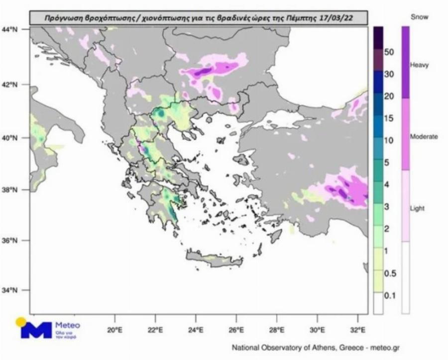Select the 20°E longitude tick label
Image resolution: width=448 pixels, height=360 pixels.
click(x=115, y=329)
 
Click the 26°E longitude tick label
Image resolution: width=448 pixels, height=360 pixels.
click(x=236, y=329)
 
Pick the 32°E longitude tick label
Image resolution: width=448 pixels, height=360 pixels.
click(x=358, y=329)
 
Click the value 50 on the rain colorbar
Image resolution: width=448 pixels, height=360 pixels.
click(x=390, y=52)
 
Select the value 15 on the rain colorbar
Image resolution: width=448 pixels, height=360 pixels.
click(x=390, y=118)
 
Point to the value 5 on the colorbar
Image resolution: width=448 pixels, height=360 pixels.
click(x=388, y=163)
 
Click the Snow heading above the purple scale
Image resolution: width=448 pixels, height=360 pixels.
click(x=419, y=17)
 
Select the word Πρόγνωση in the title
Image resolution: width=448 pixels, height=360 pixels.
click(x=61, y=18)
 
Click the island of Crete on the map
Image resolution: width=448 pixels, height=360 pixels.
click(x=209, y=258)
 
